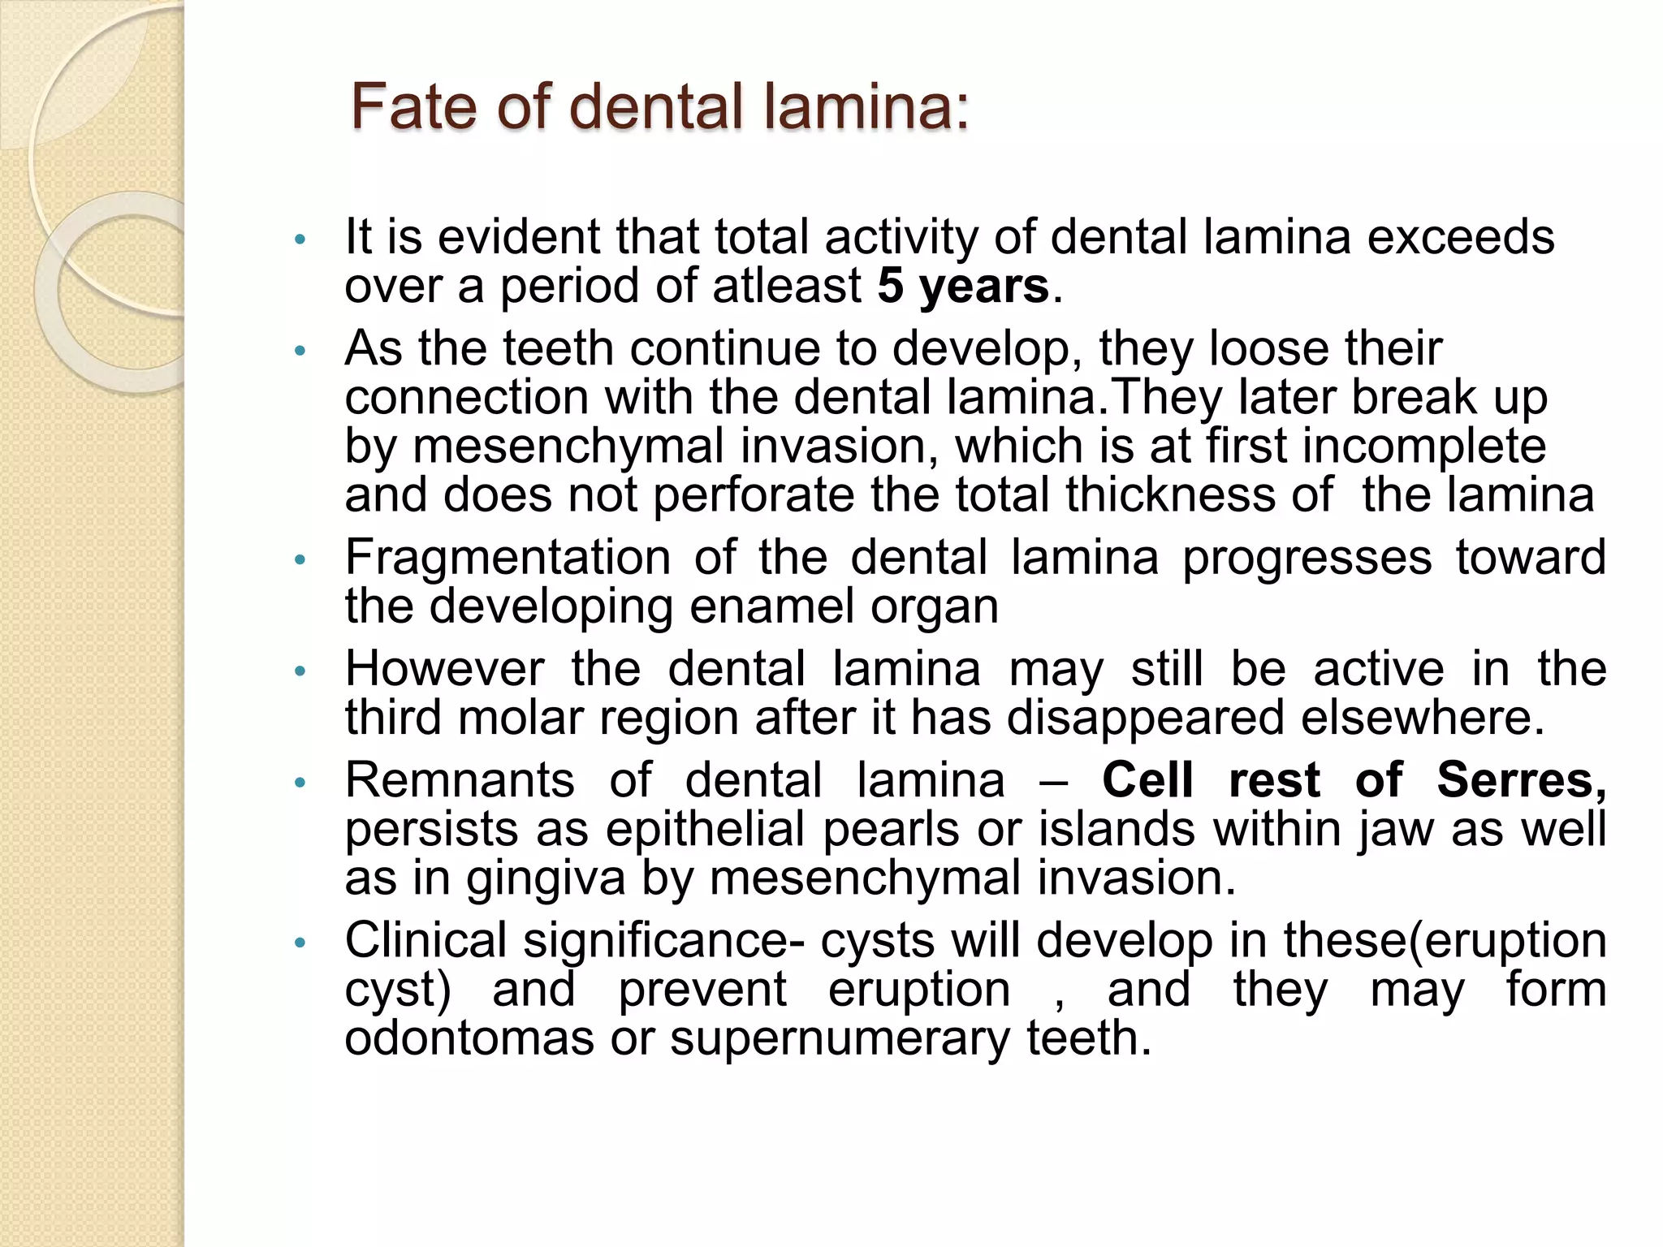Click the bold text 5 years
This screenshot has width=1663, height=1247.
(963, 286)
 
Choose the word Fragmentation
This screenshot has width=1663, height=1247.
(508, 558)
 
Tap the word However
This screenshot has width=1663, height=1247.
(444, 669)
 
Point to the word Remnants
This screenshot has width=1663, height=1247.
(460, 780)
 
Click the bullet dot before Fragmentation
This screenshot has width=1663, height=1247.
(300, 560)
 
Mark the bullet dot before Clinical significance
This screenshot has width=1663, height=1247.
(300, 943)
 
